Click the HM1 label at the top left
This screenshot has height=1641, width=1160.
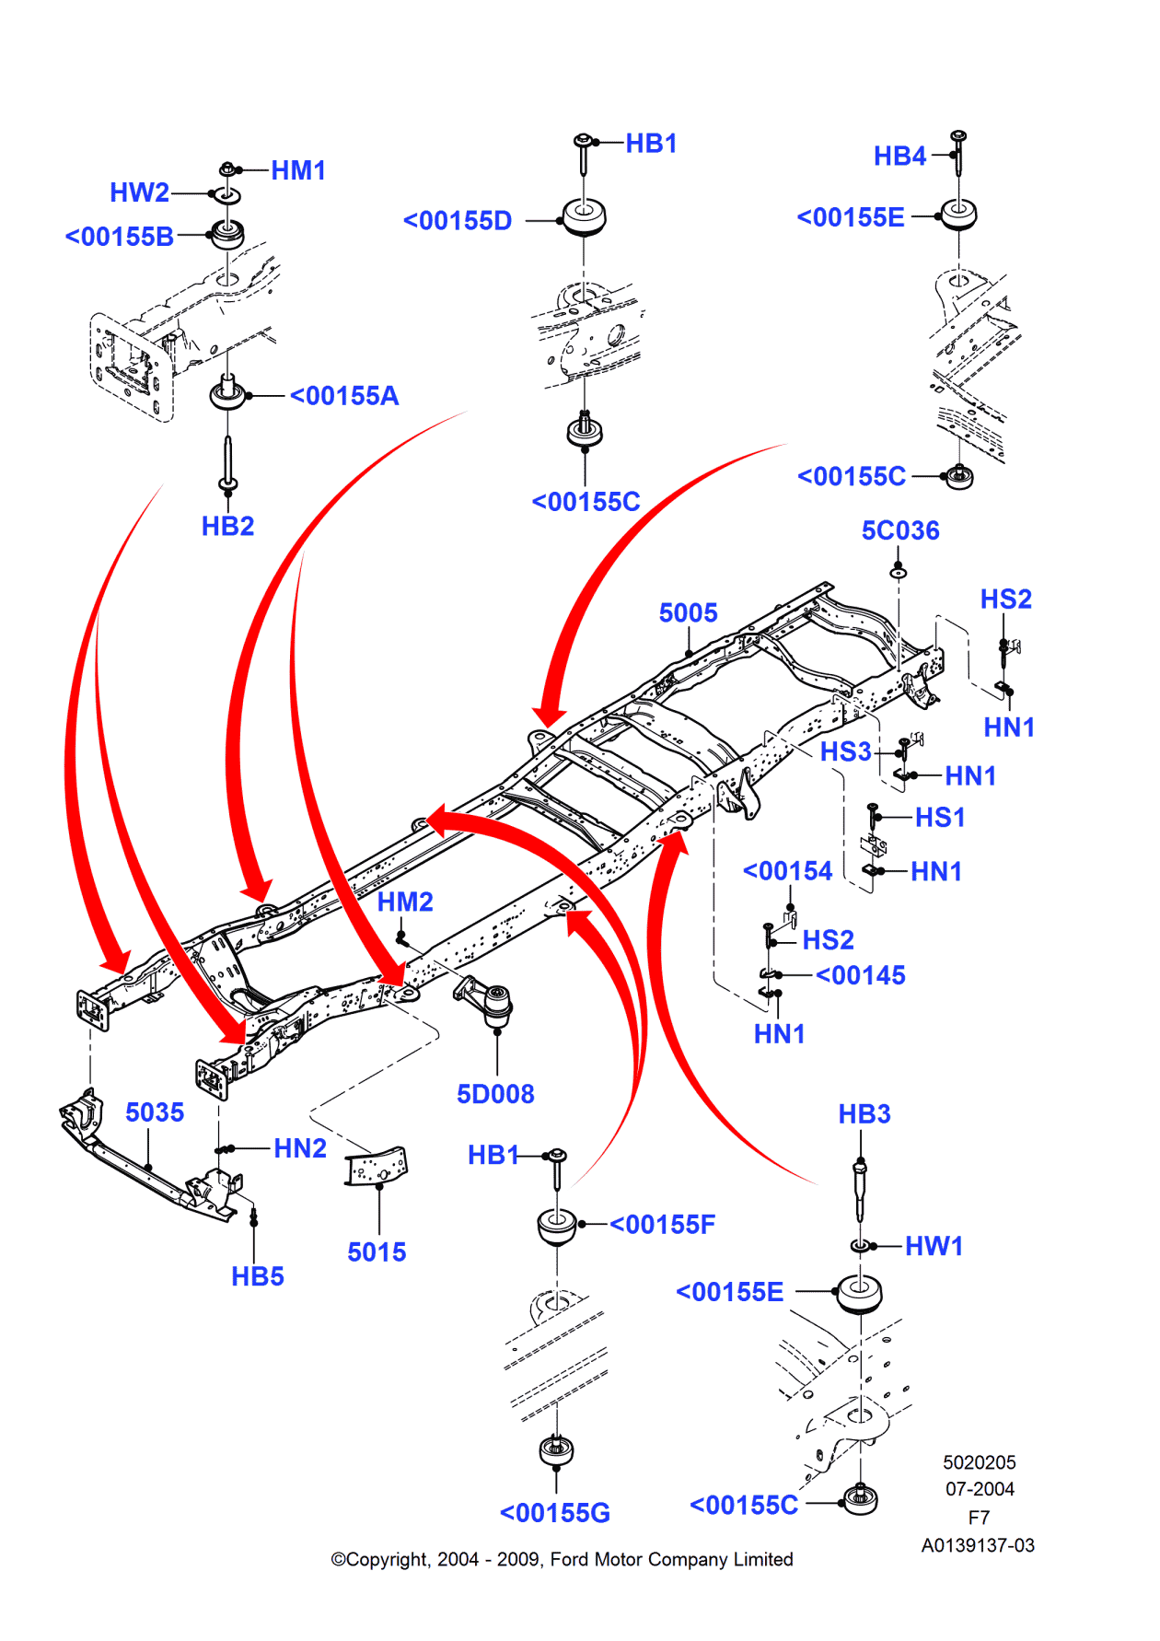point(298,170)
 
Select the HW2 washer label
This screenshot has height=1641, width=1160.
point(139,192)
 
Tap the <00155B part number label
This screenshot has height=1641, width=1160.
point(120,237)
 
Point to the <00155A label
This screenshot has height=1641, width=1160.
point(344,396)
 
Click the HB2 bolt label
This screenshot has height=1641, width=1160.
point(227,526)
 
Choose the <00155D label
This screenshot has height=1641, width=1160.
point(458,221)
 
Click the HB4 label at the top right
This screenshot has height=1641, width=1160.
point(899,156)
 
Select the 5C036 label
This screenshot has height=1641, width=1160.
point(900,530)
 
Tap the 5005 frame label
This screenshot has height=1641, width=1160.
point(688,612)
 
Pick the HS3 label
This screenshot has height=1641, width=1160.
point(845,751)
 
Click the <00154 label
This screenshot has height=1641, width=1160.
point(787,870)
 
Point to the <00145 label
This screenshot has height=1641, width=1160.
point(861,975)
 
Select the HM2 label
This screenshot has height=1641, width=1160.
point(405,902)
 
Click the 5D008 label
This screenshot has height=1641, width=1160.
point(495,1094)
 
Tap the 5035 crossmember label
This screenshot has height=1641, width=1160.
point(155,1112)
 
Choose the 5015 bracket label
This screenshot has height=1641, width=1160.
point(377,1252)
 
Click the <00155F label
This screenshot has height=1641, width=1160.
point(662,1225)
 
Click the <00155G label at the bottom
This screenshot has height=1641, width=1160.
point(555,1513)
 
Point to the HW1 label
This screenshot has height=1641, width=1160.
point(934,1246)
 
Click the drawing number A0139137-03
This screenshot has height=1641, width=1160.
point(978,1545)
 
